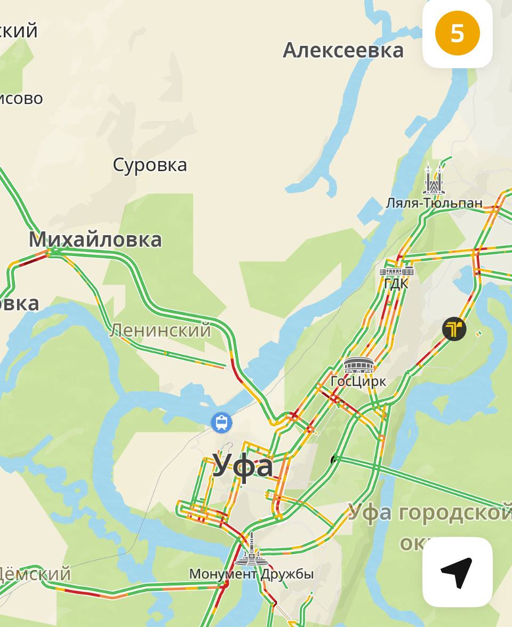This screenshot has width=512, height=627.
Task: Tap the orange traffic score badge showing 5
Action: pos(457,33)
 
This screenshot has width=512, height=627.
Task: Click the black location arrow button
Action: pos(457,572)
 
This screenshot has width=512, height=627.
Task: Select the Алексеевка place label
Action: pos(343,51)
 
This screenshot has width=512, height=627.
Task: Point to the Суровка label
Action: pos(150,165)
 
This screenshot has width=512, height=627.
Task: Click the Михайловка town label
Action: pos(95,239)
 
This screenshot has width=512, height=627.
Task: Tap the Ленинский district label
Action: pos(161,331)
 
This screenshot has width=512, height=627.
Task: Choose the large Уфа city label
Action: pos(243,465)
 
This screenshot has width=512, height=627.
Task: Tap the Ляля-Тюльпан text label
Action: pos(434,203)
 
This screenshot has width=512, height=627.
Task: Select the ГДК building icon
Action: pos(396,271)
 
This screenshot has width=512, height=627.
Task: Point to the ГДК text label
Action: pos(396,284)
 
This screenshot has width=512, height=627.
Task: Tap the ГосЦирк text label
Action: pos(358,382)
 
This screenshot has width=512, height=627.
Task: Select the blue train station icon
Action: pos(221,423)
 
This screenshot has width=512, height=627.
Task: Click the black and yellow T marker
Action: pos(454,329)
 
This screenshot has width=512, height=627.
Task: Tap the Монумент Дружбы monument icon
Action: pos(251,550)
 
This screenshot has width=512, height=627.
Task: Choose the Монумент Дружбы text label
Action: pos(251,574)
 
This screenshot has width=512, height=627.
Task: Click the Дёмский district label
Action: pos(35,574)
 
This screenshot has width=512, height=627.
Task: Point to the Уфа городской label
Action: pos(429,513)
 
